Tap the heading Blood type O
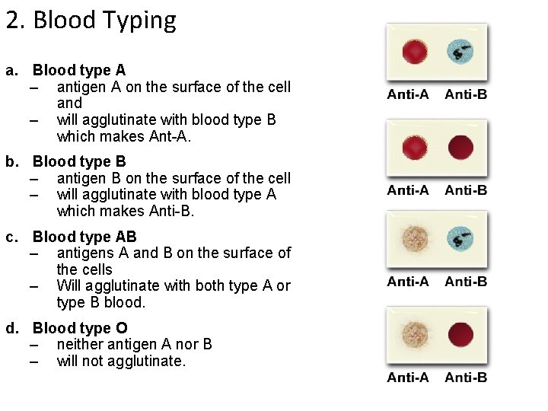pos(80,328)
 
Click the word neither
pos(81,344)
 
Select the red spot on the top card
pos(416,53)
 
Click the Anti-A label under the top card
pos(408,94)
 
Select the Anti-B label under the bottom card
pos(466,378)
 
